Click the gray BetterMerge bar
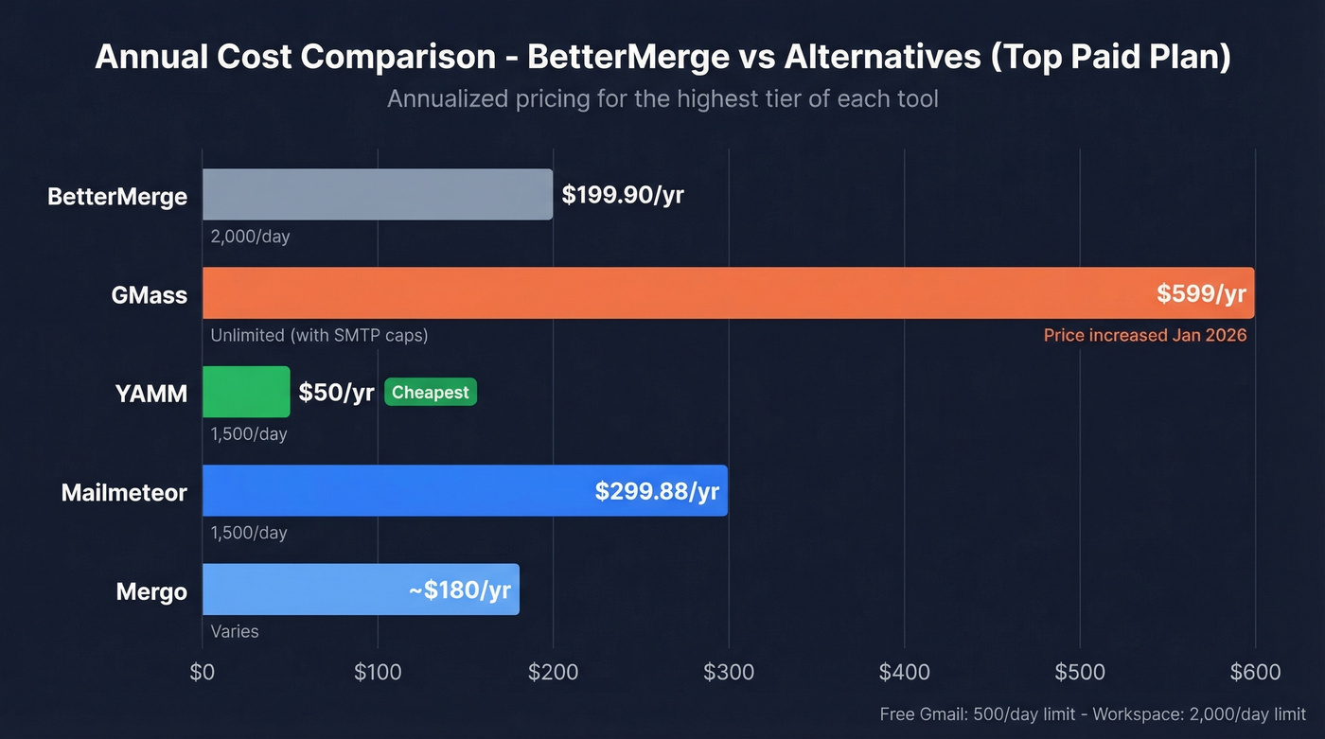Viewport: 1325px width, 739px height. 377,194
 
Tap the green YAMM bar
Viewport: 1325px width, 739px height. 246,392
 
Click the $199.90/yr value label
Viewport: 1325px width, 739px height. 622,195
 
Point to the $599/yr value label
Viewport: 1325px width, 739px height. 1201,293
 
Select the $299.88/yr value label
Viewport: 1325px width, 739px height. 657,491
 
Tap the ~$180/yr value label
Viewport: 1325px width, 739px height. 459,590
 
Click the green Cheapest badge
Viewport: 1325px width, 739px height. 431,392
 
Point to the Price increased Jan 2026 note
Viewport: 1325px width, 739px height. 1145,335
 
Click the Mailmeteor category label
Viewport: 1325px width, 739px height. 124,492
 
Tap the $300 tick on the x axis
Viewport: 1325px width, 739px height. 729,673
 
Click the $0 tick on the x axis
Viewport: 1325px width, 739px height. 203,673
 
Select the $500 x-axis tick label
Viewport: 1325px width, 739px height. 1080,673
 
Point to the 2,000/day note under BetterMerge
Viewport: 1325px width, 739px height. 250,237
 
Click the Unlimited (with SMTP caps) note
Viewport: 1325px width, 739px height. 320,335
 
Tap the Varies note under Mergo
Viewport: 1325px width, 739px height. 235,631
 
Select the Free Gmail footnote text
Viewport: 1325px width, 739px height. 1092,714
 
